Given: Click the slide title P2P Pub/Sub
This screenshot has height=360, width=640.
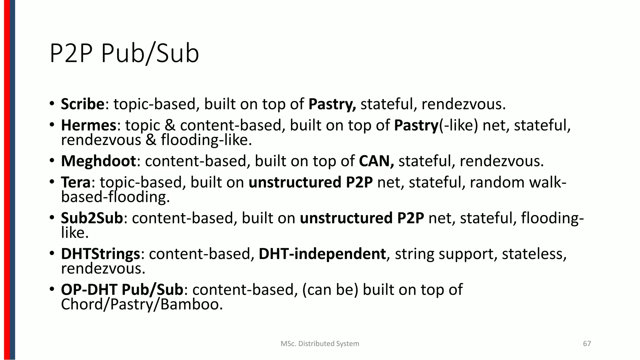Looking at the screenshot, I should point(124,54).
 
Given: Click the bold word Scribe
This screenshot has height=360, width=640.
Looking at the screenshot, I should point(82,104).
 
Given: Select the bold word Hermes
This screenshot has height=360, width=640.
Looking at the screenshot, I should point(88,125).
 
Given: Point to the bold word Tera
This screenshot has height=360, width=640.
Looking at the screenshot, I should point(75,182).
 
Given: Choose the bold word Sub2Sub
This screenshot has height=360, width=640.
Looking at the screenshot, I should point(92,218).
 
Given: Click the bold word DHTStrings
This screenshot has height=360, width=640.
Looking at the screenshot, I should point(100,254).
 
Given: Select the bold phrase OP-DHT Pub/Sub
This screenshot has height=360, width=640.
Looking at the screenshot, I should point(122,290).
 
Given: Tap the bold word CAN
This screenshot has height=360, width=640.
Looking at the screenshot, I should point(376,161).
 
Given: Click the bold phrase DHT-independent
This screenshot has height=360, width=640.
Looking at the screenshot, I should point(322,254).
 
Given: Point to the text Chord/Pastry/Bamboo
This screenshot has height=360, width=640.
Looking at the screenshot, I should point(142,304).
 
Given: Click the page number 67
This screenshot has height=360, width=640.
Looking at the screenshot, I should point(587,344).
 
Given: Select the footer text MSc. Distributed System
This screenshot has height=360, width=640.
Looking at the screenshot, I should point(320,344).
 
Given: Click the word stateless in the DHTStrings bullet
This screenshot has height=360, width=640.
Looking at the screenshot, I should point(534,254).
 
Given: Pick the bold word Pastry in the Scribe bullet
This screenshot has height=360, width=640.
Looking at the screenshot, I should point(332,104).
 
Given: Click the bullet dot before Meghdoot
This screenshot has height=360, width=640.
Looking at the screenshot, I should point(52,161).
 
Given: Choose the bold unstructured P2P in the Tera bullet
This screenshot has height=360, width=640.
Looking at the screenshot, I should point(311,182).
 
